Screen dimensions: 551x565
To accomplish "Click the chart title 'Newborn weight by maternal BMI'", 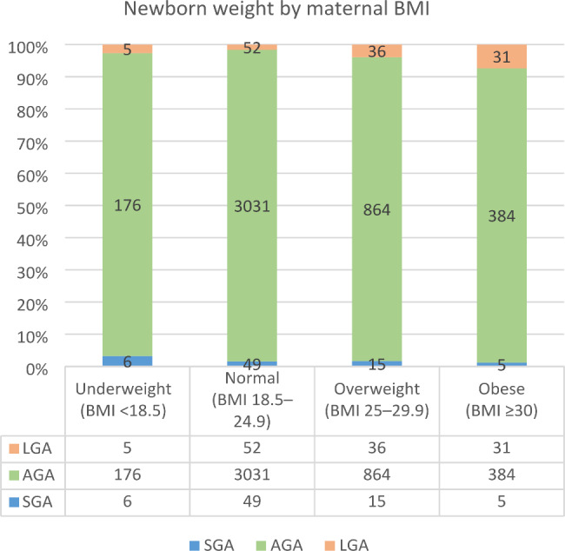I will [282, 11].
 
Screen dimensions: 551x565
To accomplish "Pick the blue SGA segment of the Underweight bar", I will [129, 361].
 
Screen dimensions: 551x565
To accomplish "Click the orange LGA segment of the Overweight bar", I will [378, 51].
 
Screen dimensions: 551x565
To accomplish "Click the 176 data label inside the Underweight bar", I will [129, 206].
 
